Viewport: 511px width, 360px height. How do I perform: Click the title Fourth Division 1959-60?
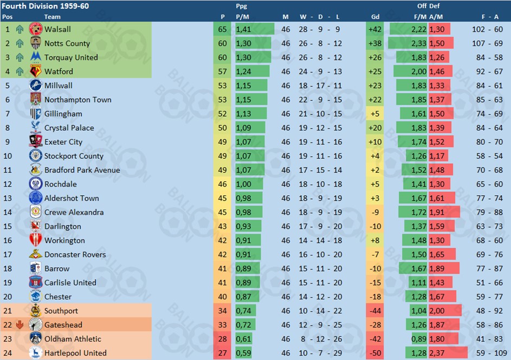pos(46,6)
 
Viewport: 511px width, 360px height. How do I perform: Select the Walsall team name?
pos(57,29)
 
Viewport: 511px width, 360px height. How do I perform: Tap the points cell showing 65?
pos(222,29)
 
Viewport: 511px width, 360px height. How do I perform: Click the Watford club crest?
pos(36,71)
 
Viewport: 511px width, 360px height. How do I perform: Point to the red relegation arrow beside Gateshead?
pos(20,325)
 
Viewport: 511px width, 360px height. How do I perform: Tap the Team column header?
pos(52,17)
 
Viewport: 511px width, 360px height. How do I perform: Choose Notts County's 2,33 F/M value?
pos(418,43)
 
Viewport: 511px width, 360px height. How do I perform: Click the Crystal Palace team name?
pos(69,128)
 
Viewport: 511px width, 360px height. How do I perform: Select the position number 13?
pos(8,198)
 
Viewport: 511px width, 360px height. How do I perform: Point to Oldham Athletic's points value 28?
pos(222,339)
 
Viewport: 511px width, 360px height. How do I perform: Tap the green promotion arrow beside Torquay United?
pos(20,57)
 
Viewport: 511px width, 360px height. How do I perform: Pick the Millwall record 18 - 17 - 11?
pos(320,86)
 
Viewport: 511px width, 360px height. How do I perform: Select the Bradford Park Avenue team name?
pos(82,170)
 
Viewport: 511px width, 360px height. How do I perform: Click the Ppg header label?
pos(242,6)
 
